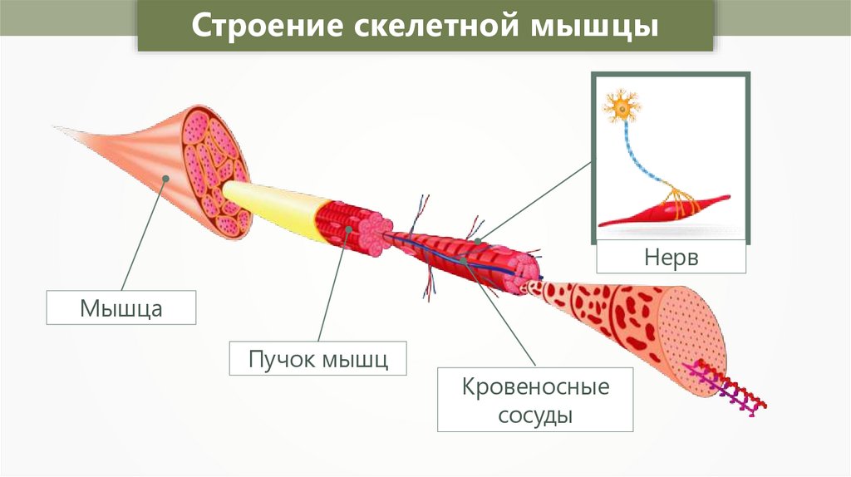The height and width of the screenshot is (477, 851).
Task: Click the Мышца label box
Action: point(121,307)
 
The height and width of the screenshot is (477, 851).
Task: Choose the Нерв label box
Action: point(671,257)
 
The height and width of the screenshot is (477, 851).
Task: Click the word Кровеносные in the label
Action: point(524,387)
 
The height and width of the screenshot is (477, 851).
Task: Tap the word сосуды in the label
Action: point(524,414)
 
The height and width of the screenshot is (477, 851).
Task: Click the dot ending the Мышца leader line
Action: point(165,178)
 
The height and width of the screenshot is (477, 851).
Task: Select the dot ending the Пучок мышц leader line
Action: point(348,228)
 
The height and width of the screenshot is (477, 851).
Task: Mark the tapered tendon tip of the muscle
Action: point(75,133)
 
